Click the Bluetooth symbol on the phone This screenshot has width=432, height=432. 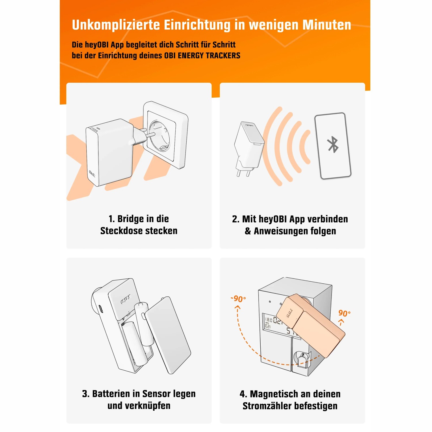333,144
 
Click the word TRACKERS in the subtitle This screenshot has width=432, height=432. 223,56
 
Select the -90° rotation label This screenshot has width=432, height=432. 238,299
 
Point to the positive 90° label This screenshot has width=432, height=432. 344,313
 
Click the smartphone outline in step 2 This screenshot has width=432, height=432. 333,146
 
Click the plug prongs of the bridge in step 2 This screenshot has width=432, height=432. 242,172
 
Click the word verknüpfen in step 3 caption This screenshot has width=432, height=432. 139,406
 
